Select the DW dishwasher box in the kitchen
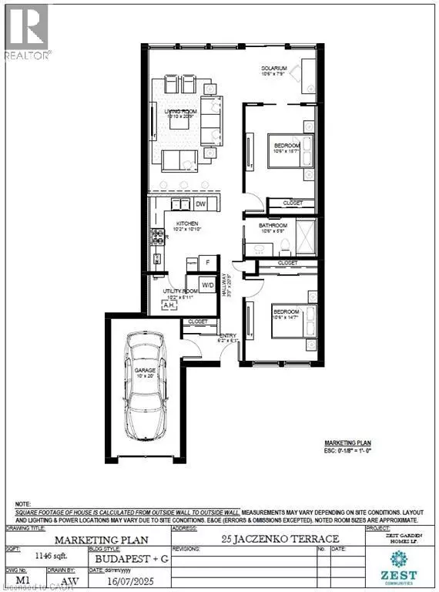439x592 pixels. pos(200,204)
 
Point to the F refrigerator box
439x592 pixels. pos(206,263)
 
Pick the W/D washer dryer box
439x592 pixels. pos(207,285)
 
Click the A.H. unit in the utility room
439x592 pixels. pos(169,305)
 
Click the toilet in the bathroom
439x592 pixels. pos(284,244)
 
